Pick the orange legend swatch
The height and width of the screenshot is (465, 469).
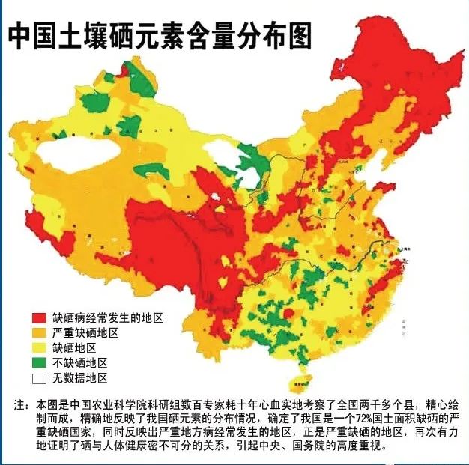[x=38, y=332]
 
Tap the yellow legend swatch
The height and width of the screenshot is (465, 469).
[x=38, y=348]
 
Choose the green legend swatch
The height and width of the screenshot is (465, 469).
[x=38, y=363]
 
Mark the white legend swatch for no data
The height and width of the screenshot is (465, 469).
[x=38, y=378]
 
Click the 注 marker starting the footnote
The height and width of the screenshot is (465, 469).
[x=20, y=405]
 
